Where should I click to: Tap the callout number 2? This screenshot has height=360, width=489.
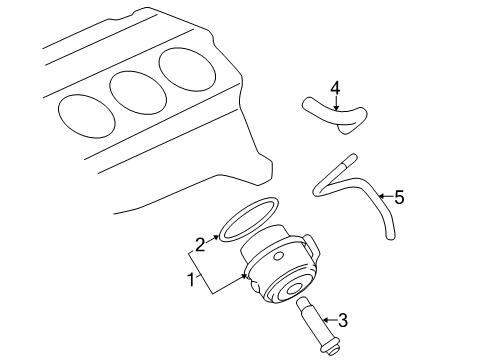click(x=199, y=243)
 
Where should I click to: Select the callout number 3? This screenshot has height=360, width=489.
click(x=342, y=320)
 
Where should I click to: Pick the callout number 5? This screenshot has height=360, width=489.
click(x=399, y=197)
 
